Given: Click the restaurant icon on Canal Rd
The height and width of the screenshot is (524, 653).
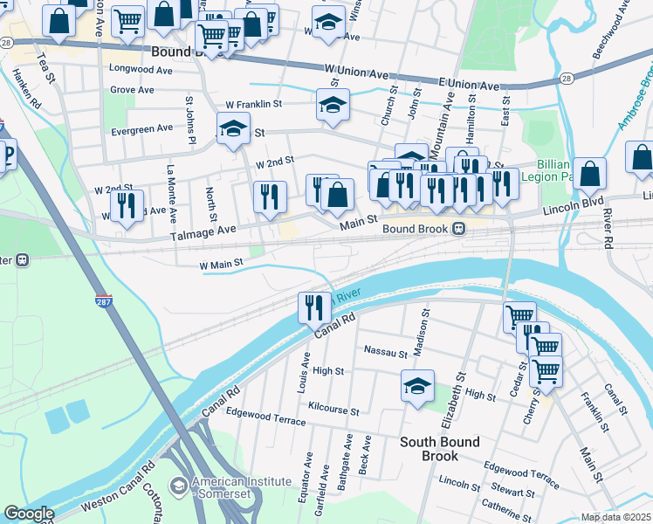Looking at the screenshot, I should point(313,307).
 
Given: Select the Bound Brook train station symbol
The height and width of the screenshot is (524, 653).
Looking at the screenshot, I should point(457,229).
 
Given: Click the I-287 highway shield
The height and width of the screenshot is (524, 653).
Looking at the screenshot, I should point(104,303).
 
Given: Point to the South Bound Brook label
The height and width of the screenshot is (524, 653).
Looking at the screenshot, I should point(440,449).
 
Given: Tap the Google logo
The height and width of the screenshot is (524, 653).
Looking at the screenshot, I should point(28,514).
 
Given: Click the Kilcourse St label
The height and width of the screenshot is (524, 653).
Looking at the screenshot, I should point(333,410).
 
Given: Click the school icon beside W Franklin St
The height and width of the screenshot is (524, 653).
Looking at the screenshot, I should point(333,105).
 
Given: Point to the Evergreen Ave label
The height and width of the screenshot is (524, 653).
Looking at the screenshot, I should point(143,128).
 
